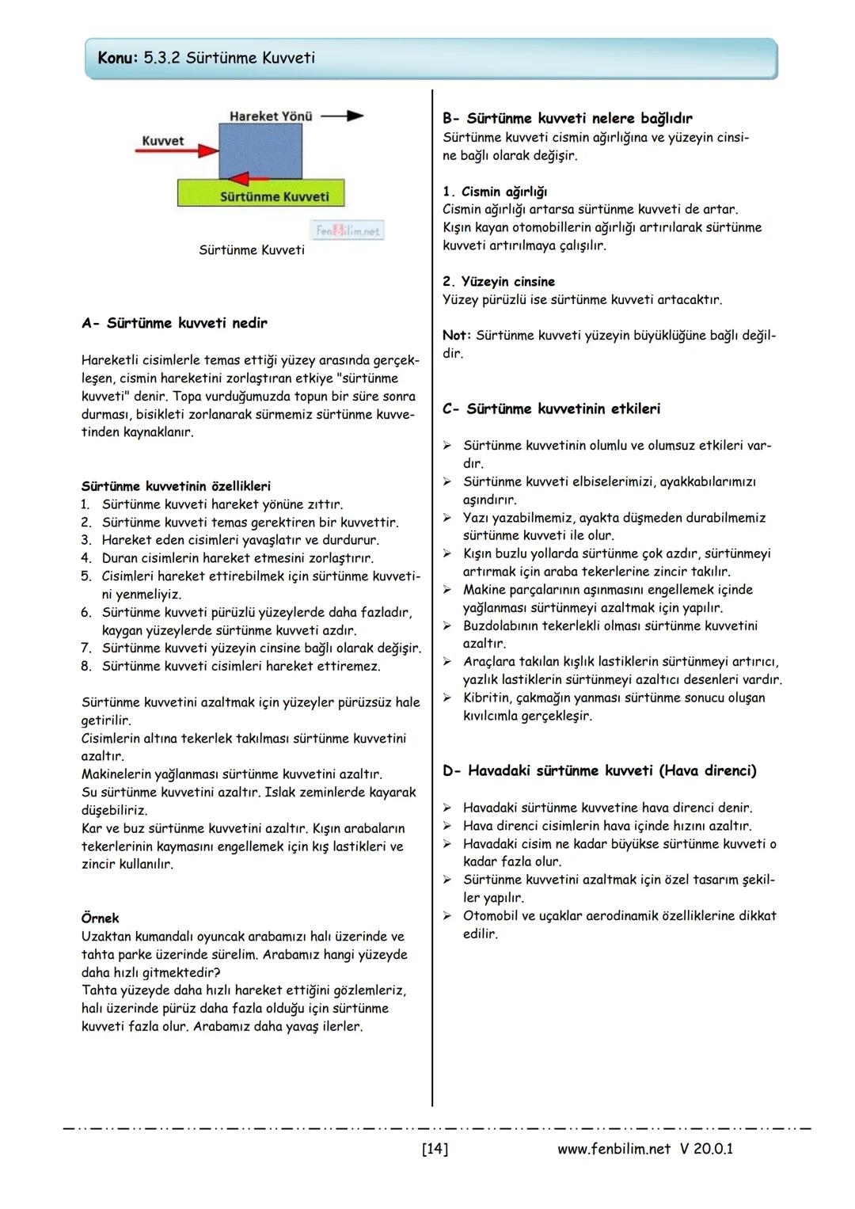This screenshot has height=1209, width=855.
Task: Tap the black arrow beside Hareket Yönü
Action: (342, 116)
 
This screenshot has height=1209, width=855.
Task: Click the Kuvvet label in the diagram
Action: (162, 140)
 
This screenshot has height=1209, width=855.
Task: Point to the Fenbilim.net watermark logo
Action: (348, 230)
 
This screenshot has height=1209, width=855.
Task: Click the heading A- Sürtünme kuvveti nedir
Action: (174, 323)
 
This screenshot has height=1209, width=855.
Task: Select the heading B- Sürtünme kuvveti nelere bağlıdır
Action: (567, 118)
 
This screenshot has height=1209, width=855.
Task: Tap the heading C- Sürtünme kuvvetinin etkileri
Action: (551, 409)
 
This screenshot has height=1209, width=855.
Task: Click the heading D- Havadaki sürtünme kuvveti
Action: (599, 770)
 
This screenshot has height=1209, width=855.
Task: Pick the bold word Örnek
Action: (100, 918)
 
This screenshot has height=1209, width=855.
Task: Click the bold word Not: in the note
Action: (456, 335)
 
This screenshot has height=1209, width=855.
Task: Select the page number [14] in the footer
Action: (435, 1148)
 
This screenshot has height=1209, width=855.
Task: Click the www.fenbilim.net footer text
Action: (614, 1148)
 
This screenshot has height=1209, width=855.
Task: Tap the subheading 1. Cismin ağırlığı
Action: (495, 192)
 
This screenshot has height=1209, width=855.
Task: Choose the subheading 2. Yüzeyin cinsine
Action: (499, 281)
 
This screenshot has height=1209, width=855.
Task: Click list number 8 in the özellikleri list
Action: (86, 666)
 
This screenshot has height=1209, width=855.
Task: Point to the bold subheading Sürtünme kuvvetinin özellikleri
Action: (176, 486)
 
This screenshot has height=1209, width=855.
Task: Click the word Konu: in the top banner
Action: (118, 58)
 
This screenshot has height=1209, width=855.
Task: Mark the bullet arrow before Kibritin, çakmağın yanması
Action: (447, 698)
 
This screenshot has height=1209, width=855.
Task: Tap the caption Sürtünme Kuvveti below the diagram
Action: (251, 250)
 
